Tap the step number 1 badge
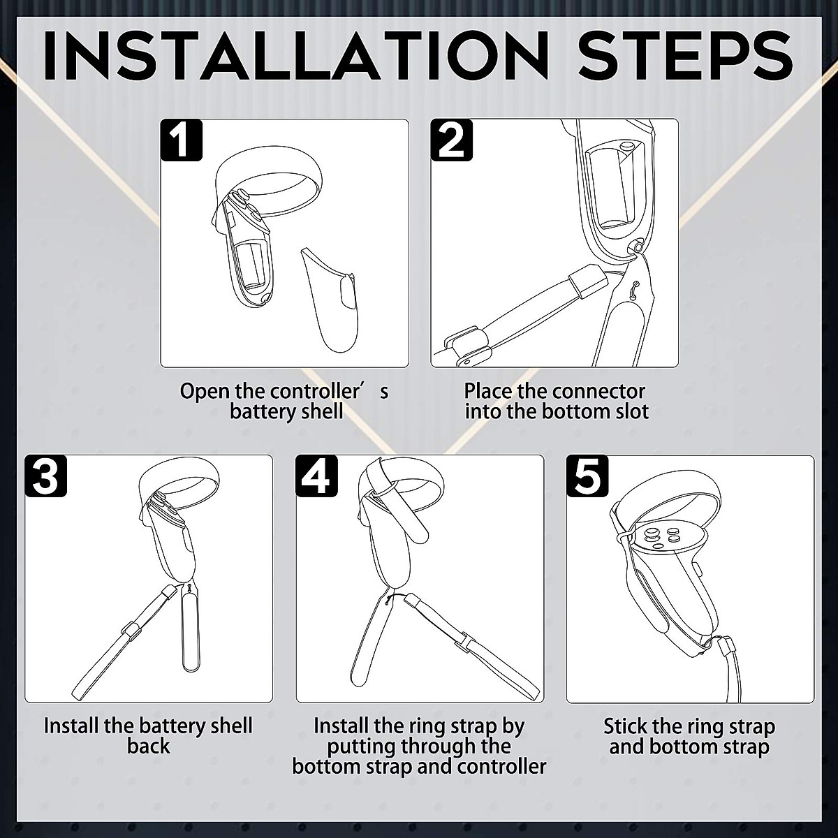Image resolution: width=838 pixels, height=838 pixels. (x=181, y=140)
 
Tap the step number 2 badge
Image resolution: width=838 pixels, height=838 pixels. (x=451, y=140)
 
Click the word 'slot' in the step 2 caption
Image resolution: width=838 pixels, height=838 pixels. (x=633, y=411)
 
